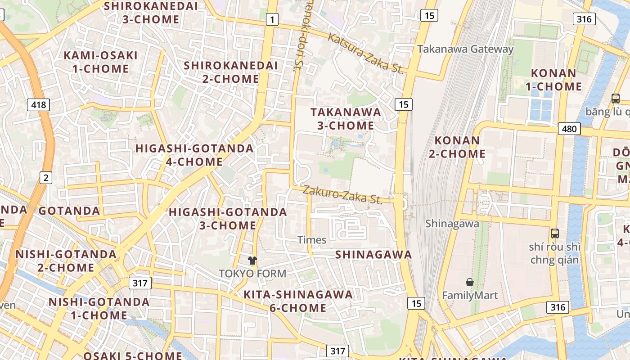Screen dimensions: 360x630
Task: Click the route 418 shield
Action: click(38, 105)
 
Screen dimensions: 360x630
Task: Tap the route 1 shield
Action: click(272, 19)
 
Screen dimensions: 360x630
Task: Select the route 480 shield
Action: click(569, 129)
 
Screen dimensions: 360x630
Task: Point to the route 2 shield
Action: click(45, 178)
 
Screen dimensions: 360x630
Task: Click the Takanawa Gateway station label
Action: click(465, 49)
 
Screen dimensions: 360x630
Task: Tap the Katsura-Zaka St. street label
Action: click(365, 53)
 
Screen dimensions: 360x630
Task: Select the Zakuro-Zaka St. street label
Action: click(342, 194)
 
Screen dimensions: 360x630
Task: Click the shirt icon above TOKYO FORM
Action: click(252, 260)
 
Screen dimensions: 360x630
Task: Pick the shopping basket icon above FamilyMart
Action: click(470, 282)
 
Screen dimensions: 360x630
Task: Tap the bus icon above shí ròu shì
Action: click(555, 233)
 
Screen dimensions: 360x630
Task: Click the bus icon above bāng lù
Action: click(615, 98)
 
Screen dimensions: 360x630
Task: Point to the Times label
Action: click(312, 240)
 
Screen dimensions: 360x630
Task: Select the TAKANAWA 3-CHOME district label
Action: click(346, 119)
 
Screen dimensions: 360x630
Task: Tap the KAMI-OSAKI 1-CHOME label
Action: click(101, 62)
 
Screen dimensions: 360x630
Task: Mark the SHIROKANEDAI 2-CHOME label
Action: click(231, 72)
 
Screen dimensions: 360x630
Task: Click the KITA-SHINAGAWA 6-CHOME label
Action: click(298, 301)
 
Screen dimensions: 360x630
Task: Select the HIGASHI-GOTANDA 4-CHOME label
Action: click(194, 155)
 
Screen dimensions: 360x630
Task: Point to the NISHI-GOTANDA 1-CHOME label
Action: click(99, 308)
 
